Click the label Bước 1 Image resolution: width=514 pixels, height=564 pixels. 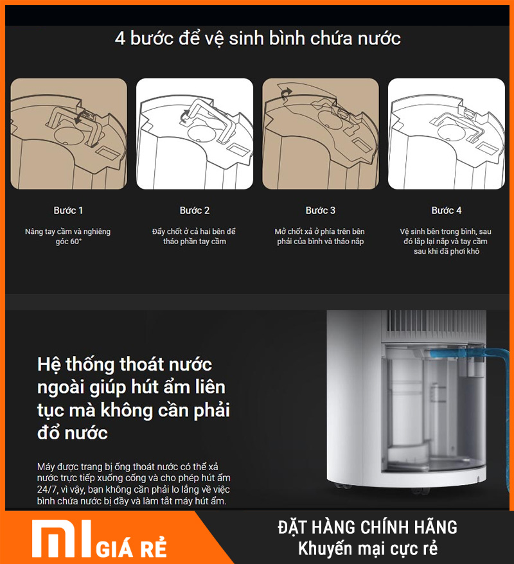tap(68, 211)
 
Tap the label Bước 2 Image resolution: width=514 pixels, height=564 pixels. tap(195, 211)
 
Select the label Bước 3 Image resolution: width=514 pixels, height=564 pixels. tap(321, 211)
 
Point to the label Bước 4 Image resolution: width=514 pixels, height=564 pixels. tap(447, 211)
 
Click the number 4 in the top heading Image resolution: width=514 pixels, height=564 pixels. tap(120, 39)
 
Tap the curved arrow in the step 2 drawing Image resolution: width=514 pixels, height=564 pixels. tap(184, 116)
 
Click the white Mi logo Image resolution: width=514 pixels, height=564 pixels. tap(62, 538)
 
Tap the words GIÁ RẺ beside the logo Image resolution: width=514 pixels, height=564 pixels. tap(131, 548)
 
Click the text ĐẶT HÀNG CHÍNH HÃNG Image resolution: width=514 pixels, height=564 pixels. tap(368, 527)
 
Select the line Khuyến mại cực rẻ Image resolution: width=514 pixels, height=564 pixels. tap(368, 549)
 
